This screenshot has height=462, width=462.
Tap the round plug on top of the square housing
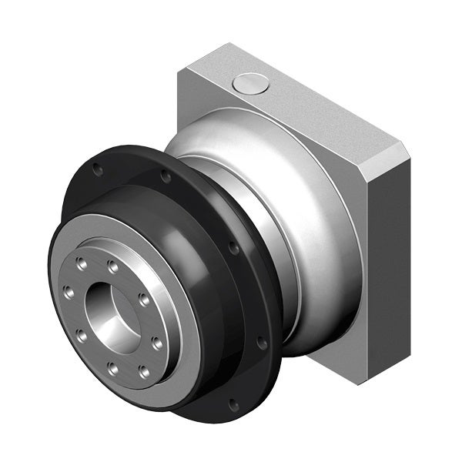(251, 83)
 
